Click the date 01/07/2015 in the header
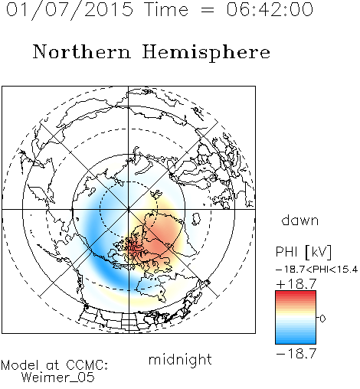[70, 10]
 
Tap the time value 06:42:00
[270, 9]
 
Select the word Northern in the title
[82, 51]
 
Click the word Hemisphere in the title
[206, 53]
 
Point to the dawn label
[300, 220]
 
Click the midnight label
[180, 359]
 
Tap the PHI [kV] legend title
[303, 252]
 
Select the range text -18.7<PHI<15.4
[317, 270]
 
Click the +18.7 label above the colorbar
[296, 284]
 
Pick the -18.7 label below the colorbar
[296, 354]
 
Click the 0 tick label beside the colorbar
[322, 319]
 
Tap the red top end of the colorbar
[296, 293]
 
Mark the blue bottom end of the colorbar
[296, 342]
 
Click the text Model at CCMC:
[54, 365]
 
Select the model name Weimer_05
[58, 378]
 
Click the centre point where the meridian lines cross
[129, 209]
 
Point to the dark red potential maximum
[133, 247]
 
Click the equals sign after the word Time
[208, 10]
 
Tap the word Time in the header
[166, 9]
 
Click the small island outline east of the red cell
[196, 219]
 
